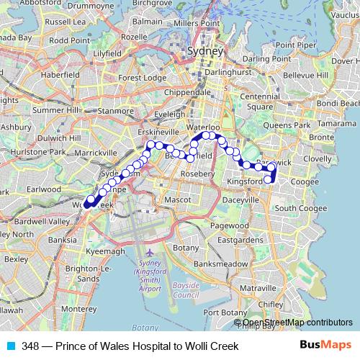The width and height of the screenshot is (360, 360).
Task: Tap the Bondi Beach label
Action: click(x=337, y=104)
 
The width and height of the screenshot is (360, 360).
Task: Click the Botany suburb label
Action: click(x=186, y=248)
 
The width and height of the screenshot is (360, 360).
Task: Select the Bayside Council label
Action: click(x=185, y=290)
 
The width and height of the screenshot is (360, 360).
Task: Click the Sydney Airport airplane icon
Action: click(x=149, y=253)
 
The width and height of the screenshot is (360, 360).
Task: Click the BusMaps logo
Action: click(x=326, y=346)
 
